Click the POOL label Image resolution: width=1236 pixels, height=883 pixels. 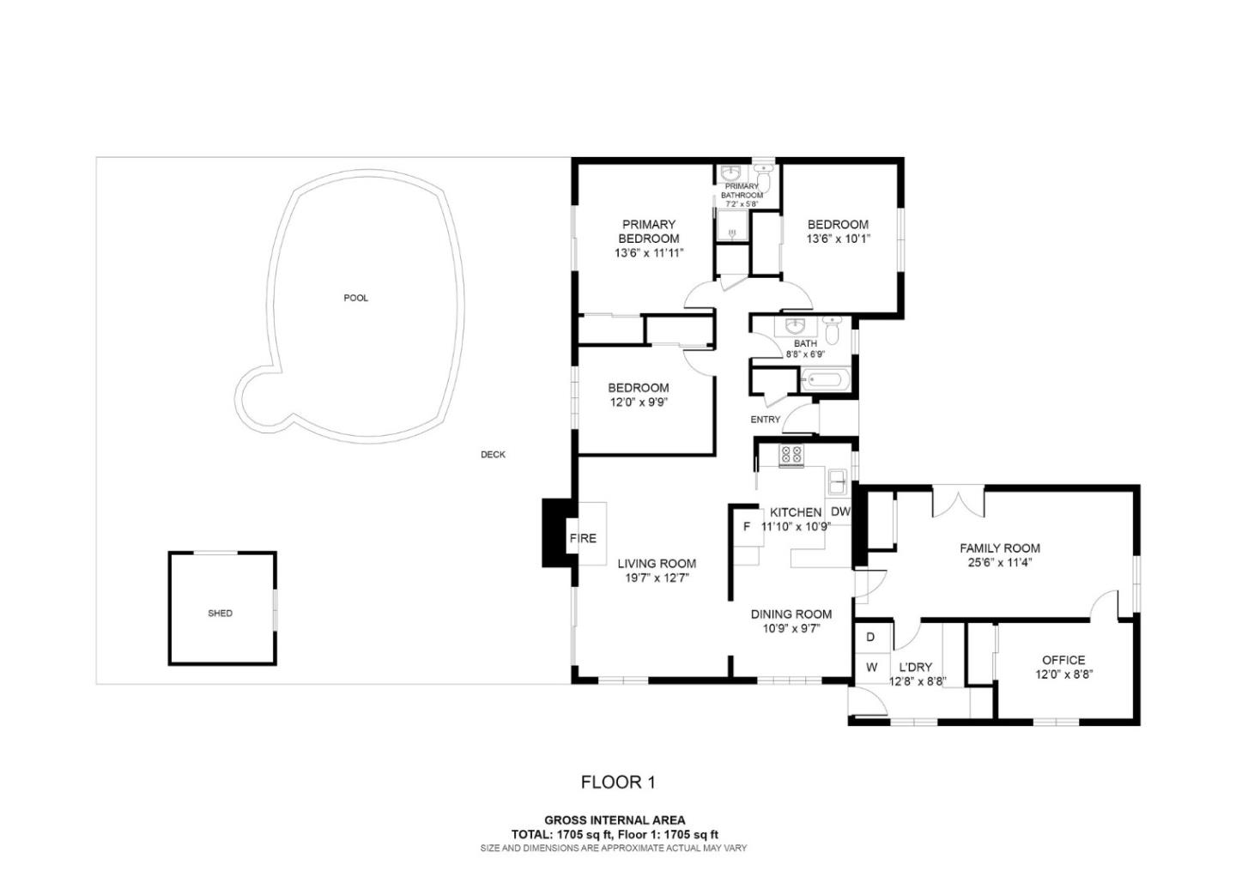(355, 298)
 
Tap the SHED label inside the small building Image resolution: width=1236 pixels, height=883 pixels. (220, 614)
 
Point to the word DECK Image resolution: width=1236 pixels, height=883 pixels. (493, 455)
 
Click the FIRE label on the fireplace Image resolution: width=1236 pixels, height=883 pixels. (583, 539)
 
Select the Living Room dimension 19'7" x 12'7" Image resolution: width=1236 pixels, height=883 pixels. (657, 578)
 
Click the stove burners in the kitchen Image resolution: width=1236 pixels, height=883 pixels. (791, 456)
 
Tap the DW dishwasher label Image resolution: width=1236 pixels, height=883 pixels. (840, 512)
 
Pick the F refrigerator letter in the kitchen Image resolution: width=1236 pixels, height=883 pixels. (747, 527)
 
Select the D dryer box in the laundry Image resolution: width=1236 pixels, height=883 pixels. (870, 638)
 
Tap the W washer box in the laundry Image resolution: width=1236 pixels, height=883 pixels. (871, 667)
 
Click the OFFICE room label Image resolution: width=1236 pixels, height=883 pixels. (1063, 660)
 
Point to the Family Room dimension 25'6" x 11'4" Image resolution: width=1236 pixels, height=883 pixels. (1000, 563)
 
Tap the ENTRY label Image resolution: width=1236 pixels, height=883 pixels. (766, 420)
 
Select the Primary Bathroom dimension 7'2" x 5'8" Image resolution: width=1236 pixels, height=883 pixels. (742, 204)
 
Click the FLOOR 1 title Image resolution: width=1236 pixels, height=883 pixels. (618, 782)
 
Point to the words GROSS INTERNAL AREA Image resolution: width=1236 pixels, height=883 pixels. (615, 820)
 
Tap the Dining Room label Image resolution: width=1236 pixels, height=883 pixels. (791, 614)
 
